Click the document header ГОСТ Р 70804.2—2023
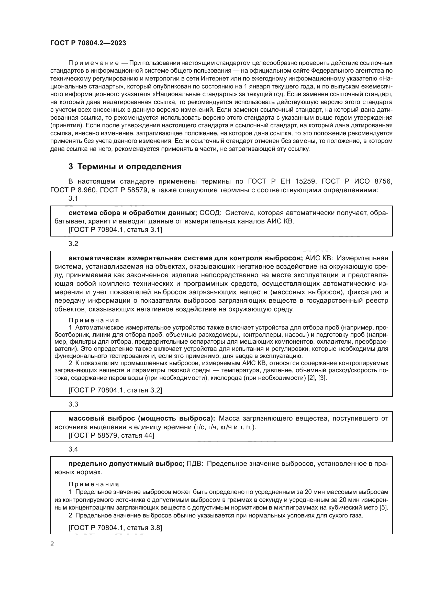(88, 43)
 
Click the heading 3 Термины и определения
(125, 166)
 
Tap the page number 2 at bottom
(52, 544)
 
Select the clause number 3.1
(73, 198)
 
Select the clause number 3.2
(73, 244)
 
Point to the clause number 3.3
(73, 404)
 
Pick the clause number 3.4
(73, 449)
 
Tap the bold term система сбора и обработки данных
(132, 213)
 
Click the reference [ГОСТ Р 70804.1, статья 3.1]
(115, 230)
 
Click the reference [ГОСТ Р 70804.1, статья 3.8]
(115, 528)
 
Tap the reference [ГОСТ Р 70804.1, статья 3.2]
(115, 390)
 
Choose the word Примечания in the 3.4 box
(94, 484)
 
